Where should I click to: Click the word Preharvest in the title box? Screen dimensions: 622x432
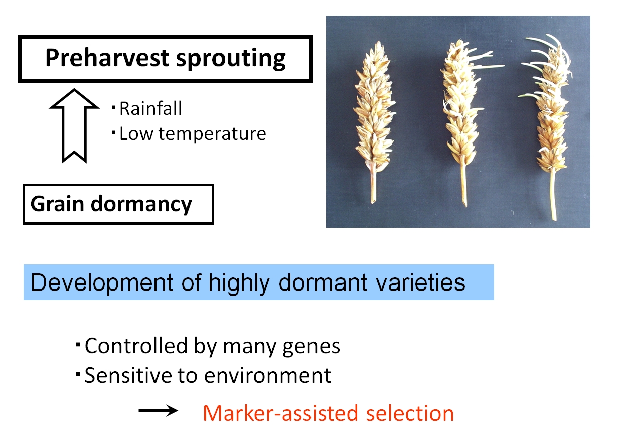point(107,58)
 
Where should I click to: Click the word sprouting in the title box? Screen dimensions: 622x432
point(231,59)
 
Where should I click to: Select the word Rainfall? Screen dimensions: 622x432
point(150,108)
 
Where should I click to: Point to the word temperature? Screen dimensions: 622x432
point(212,134)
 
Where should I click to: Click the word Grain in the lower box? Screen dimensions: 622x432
point(57,204)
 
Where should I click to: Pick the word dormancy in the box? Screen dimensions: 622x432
point(141,205)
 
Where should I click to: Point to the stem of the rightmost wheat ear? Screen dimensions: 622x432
point(553,195)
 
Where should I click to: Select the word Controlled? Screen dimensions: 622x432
point(136,346)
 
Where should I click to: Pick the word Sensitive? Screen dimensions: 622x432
point(128,375)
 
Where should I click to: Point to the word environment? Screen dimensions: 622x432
point(268,376)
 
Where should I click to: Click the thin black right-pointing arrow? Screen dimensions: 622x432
point(159,410)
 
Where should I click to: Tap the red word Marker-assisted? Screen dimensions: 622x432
point(280,413)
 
